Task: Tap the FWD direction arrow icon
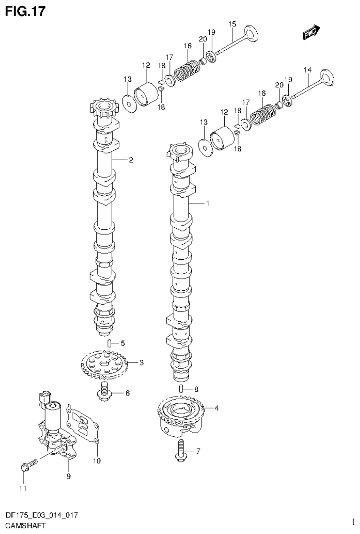(x=311, y=32)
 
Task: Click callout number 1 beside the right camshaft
(x=207, y=204)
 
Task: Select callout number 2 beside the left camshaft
(x=131, y=160)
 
